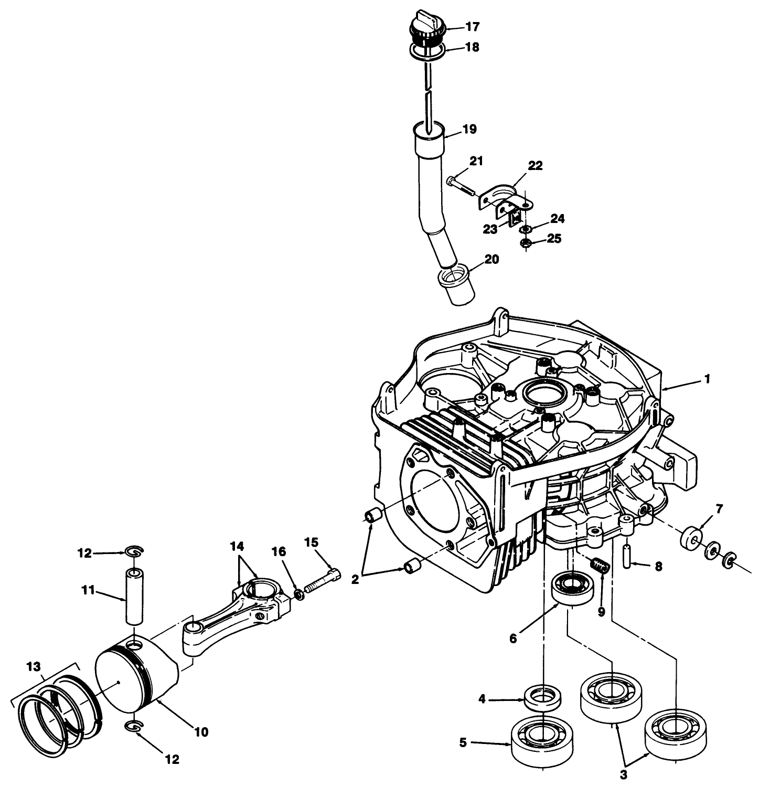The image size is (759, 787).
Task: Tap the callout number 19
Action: pyautogui.click(x=469, y=129)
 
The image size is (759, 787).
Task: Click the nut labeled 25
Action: pyautogui.click(x=525, y=243)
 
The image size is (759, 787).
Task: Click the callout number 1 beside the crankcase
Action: pyautogui.click(x=707, y=378)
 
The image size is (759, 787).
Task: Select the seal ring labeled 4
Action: pyautogui.click(x=544, y=698)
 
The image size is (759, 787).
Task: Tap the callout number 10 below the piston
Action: pyautogui.click(x=201, y=731)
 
